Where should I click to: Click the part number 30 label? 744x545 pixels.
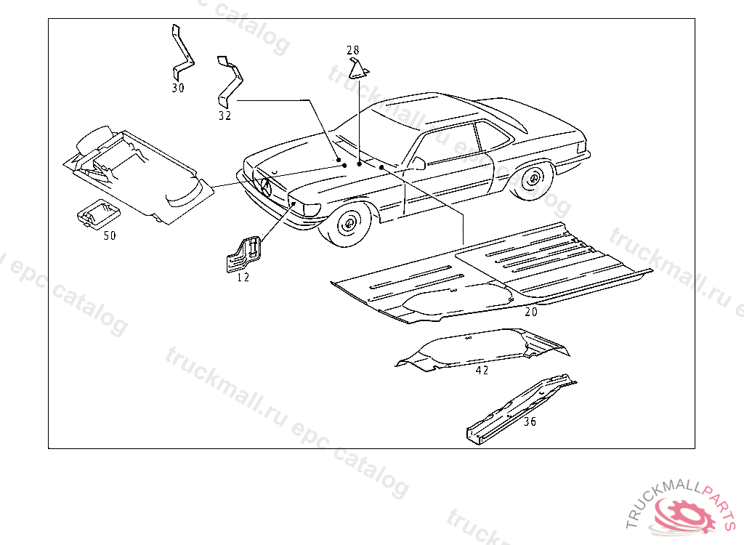point(178,88)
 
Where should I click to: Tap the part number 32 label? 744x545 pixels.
point(225,116)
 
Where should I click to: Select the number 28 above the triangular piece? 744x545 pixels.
point(352,50)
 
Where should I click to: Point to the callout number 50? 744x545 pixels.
point(110,235)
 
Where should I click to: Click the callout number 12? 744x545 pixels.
point(243,278)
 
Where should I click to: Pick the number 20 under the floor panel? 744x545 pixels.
point(531,312)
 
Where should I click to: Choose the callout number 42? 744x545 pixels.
point(482,370)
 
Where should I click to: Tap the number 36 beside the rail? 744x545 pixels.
point(530,421)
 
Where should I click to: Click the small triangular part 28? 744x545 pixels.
point(358,70)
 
